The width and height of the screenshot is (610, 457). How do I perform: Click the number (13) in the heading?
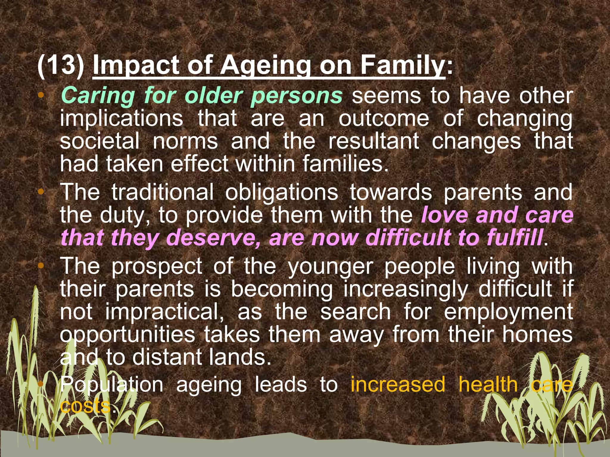pyautogui.click(x=61, y=65)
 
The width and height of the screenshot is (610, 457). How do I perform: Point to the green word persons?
pyautogui.click(x=297, y=96)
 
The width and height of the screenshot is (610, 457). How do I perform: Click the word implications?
pyautogui.click(x=122, y=118)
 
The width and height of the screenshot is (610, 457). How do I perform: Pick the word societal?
pyautogui.click(x=100, y=141)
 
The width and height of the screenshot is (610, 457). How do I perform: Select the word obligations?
pyautogui.click(x=281, y=192)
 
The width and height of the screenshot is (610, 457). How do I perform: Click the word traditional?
pyautogui.click(x=163, y=192)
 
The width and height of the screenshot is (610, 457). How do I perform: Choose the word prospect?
pyautogui.click(x=157, y=266)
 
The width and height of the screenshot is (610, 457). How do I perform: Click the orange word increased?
pyautogui.click(x=398, y=384)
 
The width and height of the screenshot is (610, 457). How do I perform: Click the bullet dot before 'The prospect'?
pyautogui.click(x=41, y=265)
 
